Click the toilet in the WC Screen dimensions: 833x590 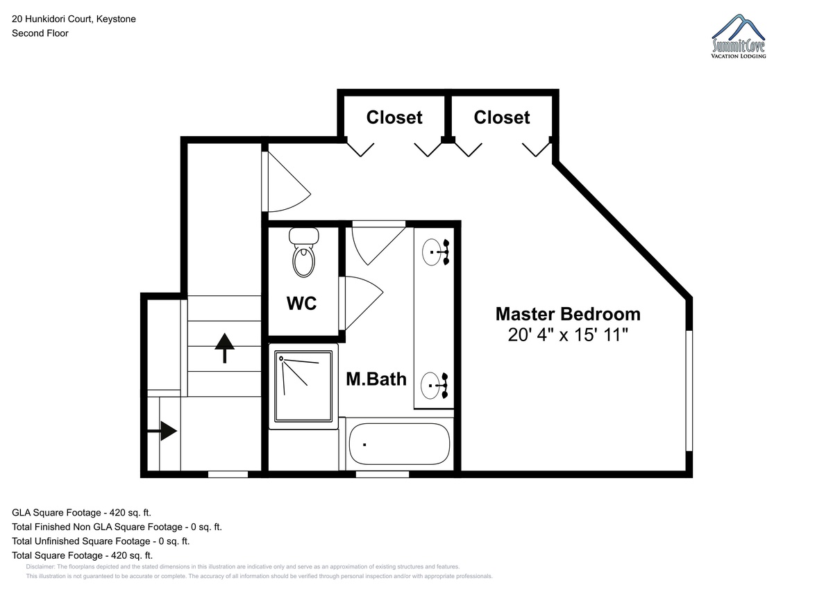(x=304, y=252)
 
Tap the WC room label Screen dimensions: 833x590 (x=301, y=304)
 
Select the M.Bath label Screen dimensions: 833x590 (x=376, y=379)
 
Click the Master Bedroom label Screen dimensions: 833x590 (x=568, y=314)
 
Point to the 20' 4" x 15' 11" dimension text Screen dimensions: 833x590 (x=568, y=334)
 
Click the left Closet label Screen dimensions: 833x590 (x=394, y=117)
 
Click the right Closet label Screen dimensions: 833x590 (x=502, y=117)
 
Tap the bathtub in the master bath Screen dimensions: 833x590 (x=399, y=443)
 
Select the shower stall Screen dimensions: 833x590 (x=303, y=386)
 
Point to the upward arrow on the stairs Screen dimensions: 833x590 (x=225, y=347)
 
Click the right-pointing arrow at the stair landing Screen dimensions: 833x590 (x=162, y=431)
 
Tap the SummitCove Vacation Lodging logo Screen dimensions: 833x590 (x=739, y=36)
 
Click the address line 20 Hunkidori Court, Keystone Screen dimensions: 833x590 (x=74, y=19)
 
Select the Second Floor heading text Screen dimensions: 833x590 (x=40, y=33)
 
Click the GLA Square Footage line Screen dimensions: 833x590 (x=81, y=513)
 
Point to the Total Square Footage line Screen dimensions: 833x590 (x=82, y=555)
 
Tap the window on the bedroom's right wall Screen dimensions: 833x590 (x=689, y=391)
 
